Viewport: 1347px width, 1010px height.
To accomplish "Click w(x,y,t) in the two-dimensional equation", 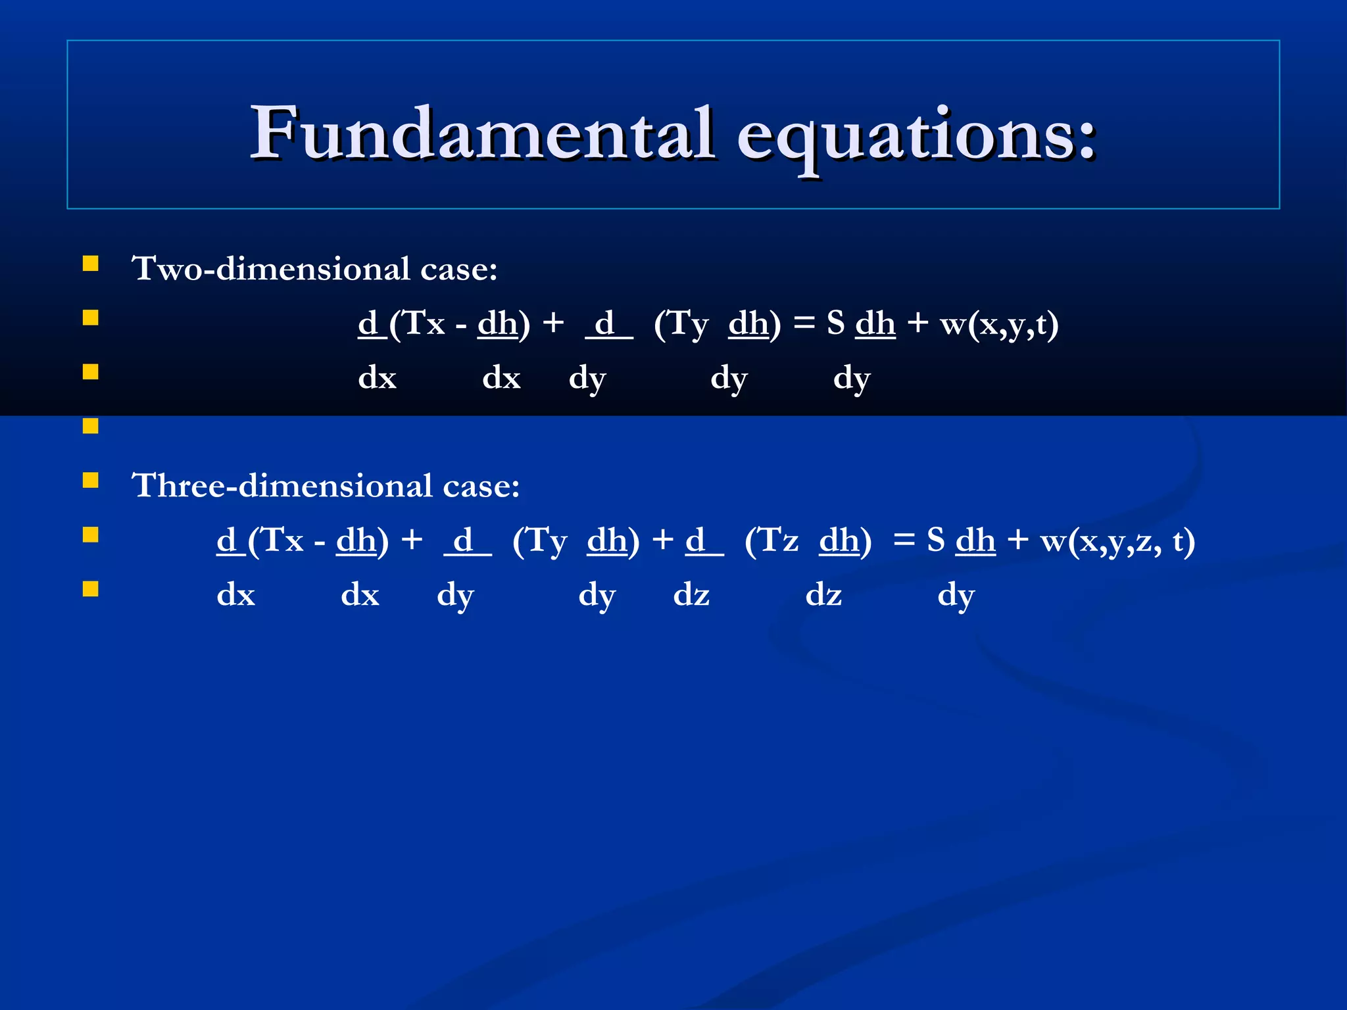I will coord(999,324).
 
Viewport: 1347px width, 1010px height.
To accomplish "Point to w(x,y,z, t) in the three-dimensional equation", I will coord(1117,541).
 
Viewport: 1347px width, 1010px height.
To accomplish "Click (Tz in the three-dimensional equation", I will coord(771,541).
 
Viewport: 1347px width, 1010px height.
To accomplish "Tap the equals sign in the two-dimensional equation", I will coord(804,324).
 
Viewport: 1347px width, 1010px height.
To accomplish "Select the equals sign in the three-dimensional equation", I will coord(904,541).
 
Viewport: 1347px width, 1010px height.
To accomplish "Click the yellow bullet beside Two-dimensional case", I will coord(91,264).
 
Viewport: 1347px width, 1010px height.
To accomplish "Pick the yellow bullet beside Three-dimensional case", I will coord(91,481).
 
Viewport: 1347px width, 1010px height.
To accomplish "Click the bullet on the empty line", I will coord(91,426).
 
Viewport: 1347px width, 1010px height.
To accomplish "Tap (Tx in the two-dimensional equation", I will coord(417,324).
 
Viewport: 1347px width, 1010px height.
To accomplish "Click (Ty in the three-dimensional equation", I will coord(539,541).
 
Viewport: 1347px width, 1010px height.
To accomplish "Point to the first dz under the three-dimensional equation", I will coord(691,595).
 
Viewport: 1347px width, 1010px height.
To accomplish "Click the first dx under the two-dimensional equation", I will coord(377,378).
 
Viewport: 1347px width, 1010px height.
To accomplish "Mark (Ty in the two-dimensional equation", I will coord(681,324).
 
